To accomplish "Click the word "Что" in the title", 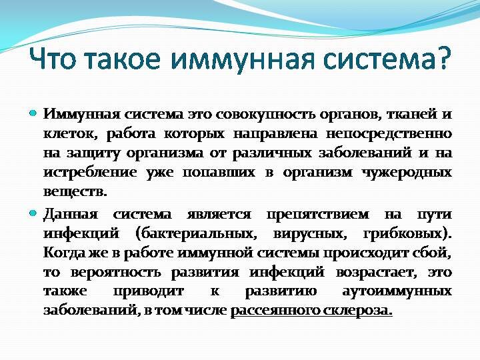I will click(55, 60).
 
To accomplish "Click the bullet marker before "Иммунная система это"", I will click(33, 114).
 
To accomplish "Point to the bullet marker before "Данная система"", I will click(33, 214).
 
